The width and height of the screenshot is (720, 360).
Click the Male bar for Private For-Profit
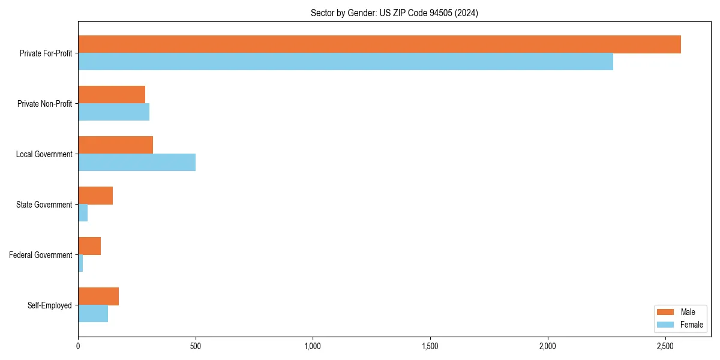pos(379,44)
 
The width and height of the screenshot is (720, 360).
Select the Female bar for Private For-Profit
pos(346,62)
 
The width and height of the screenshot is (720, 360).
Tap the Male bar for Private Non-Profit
pos(112,95)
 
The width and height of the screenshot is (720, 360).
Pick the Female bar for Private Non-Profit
pos(113,112)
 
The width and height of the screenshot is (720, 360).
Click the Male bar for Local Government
pos(115,145)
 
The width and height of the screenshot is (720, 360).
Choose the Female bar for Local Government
pos(137,163)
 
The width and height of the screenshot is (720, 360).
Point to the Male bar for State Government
pos(95,196)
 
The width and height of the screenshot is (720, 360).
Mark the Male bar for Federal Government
pos(89,246)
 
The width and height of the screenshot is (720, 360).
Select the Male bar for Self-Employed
pos(98,296)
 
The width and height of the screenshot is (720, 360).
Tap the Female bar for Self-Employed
pos(93,314)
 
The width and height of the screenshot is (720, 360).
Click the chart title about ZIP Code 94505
pos(394,13)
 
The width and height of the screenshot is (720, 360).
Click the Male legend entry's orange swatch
pos(665,312)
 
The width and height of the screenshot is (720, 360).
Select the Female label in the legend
pos(691,325)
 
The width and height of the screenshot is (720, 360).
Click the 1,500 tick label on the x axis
pos(430,346)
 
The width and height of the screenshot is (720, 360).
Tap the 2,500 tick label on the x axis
pos(665,346)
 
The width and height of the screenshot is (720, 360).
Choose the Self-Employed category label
pos(50,305)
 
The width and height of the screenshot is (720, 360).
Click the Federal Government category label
pos(41,255)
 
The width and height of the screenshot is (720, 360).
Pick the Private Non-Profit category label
pos(44,104)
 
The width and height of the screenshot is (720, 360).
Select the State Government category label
pos(44,205)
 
